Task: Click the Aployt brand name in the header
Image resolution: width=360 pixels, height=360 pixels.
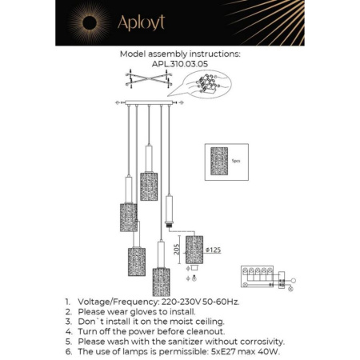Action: [x=141, y=22]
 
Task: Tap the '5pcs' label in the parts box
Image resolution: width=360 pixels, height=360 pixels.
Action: [x=235, y=161]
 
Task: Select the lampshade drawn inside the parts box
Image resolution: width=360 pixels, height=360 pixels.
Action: [x=218, y=161]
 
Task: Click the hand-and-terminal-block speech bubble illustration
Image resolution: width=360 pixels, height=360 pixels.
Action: [x=209, y=84]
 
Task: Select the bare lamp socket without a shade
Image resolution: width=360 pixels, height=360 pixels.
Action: [x=168, y=210]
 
